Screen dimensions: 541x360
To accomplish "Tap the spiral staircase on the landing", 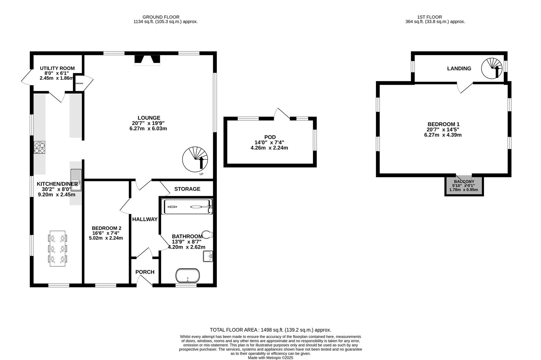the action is (x=493, y=68).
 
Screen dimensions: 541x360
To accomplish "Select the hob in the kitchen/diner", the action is (x=40, y=148).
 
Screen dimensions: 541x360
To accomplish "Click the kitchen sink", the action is (x=76, y=180).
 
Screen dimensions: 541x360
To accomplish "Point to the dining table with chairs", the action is (x=57, y=248).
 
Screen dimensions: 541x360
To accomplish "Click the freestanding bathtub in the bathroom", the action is (x=188, y=276).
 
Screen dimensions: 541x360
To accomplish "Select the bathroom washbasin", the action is (x=208, y=256).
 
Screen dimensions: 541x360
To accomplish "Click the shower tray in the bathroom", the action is (x=187, y=207).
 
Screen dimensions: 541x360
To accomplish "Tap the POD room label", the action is (x=270, y=137).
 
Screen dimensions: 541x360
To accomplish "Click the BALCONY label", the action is (x=464, y=182).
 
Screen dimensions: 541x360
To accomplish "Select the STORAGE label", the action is (x=187, y=189).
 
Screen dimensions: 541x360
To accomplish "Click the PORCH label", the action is (x=145, y=272).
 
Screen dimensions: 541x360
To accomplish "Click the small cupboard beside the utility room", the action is (x=79, y=83).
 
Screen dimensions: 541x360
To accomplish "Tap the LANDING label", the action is (x=459, y=68).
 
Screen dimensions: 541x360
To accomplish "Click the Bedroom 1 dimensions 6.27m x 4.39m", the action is (x=443, y=135).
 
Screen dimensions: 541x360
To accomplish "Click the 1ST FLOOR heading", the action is (x=429, y=17).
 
